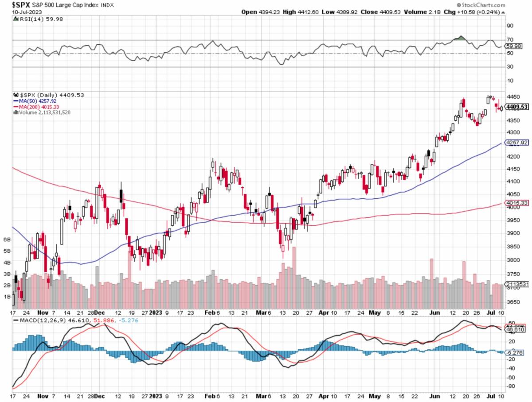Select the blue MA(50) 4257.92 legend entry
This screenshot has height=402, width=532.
[x=36, y=101]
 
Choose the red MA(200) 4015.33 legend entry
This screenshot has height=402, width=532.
[x=37, y=107]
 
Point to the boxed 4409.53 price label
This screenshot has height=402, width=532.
[x=517, y=107]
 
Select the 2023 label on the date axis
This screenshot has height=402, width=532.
[x=155, y=312]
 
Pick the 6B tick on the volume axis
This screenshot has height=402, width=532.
[x=7, y=239]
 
